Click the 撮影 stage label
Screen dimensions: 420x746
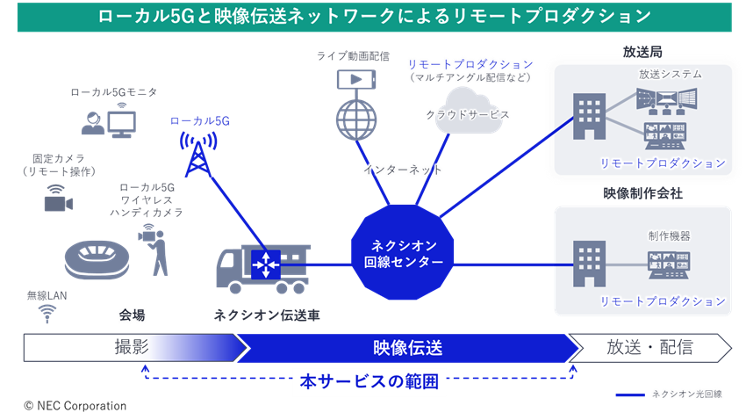pyautogui.click(x=132, y=348)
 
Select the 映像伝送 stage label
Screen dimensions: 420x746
pyautogui.click(x=402, y=348)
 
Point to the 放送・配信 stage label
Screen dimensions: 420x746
pyautogui.click(x=649, y=348)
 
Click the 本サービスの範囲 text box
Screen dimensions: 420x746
pyautogui.click(x=368, y=383)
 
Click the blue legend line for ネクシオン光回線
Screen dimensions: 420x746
pyautogui.click(x=630, y=395)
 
